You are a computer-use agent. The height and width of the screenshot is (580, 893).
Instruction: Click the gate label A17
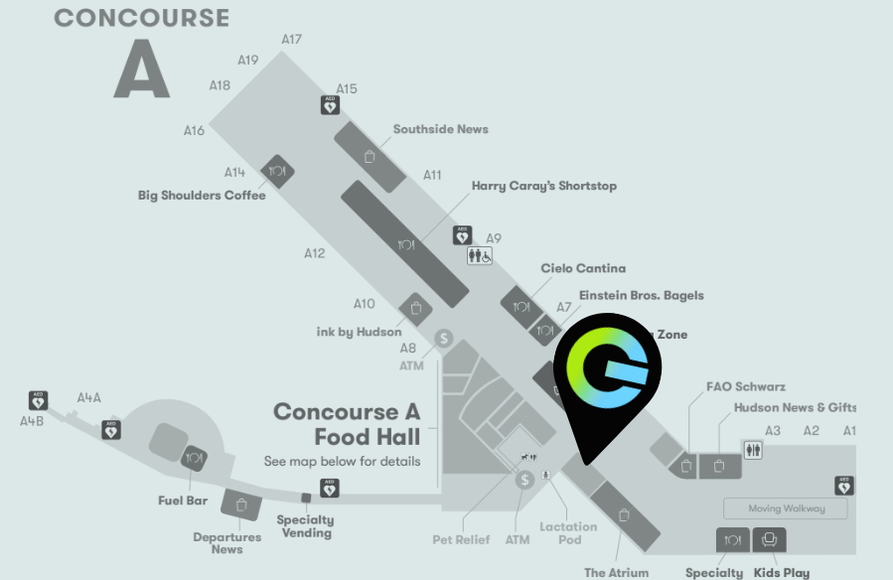click(291, 40)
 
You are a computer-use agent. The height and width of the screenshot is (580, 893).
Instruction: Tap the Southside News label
click(440, 129)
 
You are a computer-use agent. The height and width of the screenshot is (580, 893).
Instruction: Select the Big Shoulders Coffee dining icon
click(277, 171)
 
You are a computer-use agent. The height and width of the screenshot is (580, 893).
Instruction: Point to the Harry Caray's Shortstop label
click(543, 186)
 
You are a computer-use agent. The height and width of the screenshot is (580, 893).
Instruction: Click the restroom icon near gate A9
click(480, 255)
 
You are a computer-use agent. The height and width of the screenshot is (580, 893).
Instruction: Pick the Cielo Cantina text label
click(583, 268)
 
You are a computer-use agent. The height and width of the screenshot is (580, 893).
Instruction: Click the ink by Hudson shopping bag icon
click(415, 308)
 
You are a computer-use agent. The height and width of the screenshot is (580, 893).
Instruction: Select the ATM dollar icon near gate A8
click(444, 339)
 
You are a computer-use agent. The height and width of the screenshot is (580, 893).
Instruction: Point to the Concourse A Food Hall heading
click(347, 424)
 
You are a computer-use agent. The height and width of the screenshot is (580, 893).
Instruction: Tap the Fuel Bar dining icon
click(194, 458)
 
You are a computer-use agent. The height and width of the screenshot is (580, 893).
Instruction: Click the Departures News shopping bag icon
click(240, 505)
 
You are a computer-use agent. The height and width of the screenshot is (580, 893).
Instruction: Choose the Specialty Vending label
click(305, 526)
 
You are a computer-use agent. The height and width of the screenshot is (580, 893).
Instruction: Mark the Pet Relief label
click(461, 539)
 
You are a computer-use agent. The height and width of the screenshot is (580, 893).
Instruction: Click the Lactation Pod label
click(568, 533)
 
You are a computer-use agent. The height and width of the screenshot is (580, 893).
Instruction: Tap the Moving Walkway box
click(786, 508)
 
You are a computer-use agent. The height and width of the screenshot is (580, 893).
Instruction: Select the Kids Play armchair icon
click(770, 540)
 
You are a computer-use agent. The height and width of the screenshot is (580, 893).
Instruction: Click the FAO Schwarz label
click(745, 386)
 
